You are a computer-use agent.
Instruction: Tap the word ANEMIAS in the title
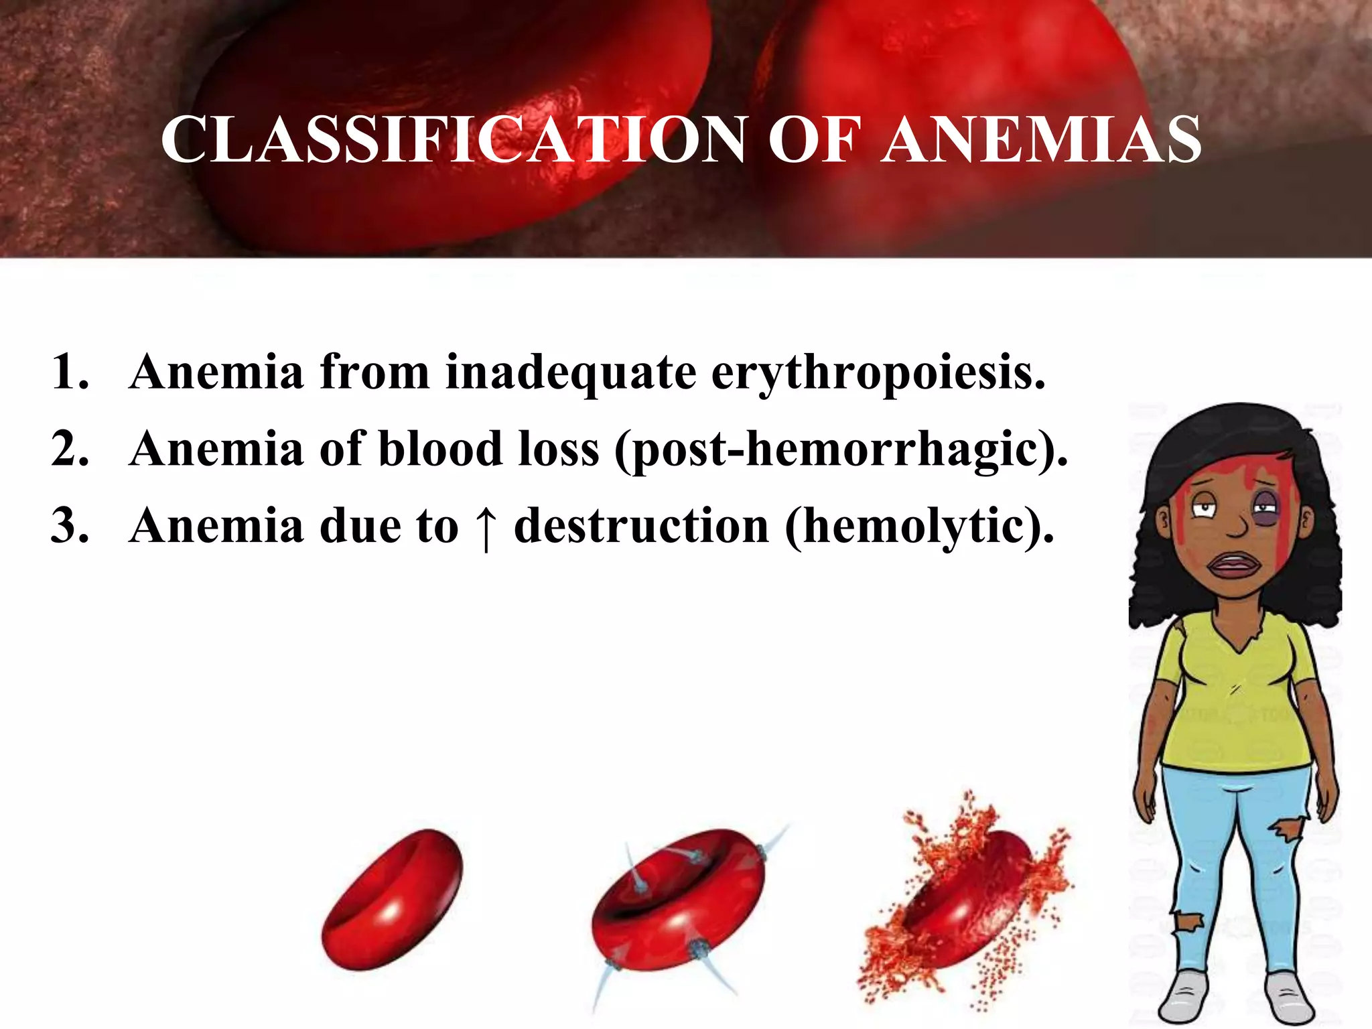point(1041,139)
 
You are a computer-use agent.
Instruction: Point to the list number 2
point(70,449)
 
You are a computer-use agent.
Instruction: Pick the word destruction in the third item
point(641,527)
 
